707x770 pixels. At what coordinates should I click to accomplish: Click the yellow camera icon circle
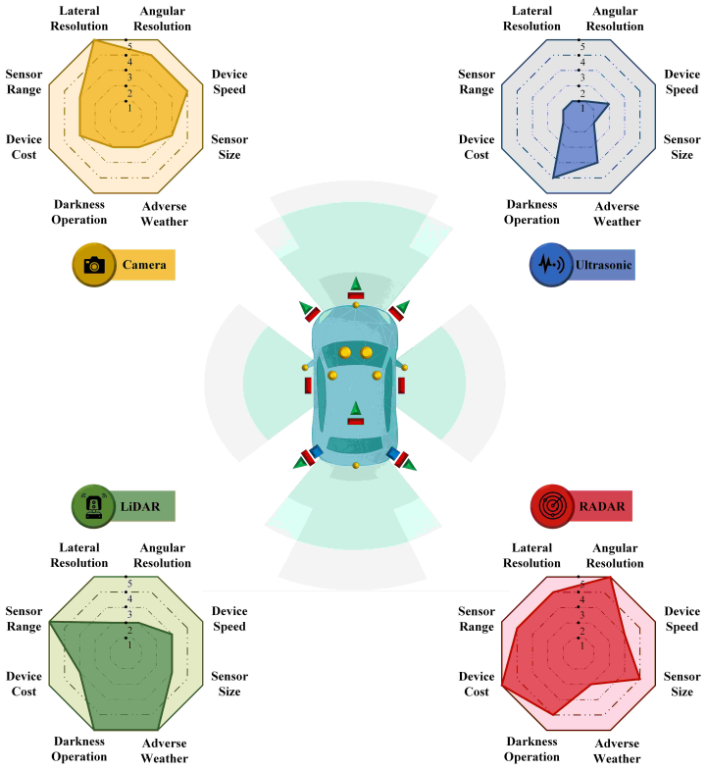point(94,265)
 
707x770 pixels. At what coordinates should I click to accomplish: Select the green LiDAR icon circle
point(93,506)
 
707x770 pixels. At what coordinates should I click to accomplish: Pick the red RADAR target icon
point(552,506)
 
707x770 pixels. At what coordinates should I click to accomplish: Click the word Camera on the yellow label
point(144,265)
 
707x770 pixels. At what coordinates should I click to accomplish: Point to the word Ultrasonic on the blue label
point(603,265)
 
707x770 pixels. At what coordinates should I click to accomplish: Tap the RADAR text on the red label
point(602,506)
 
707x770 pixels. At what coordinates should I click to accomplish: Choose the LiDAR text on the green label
point(140,506)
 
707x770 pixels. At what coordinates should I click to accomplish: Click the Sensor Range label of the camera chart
point(24,82)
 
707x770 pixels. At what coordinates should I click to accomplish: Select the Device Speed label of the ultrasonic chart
point(682,82)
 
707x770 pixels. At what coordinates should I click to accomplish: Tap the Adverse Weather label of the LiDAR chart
point(165,750)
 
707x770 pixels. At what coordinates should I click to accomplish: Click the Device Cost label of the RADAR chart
point(477,684)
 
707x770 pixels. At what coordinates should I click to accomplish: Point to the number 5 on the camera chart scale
point(129,47)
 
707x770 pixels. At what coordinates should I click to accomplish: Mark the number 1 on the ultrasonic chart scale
point(582,108)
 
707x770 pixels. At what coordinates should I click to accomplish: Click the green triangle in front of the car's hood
point(356,283)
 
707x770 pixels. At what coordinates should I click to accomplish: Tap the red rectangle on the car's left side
point(308,385)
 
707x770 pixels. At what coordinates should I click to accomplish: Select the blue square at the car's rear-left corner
point(315,451)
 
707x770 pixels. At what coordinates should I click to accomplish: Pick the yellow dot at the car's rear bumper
point(356,465)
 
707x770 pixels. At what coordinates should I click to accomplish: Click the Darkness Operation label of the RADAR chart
point(531,748)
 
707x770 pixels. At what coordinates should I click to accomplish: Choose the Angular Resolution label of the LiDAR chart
point(163,555)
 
